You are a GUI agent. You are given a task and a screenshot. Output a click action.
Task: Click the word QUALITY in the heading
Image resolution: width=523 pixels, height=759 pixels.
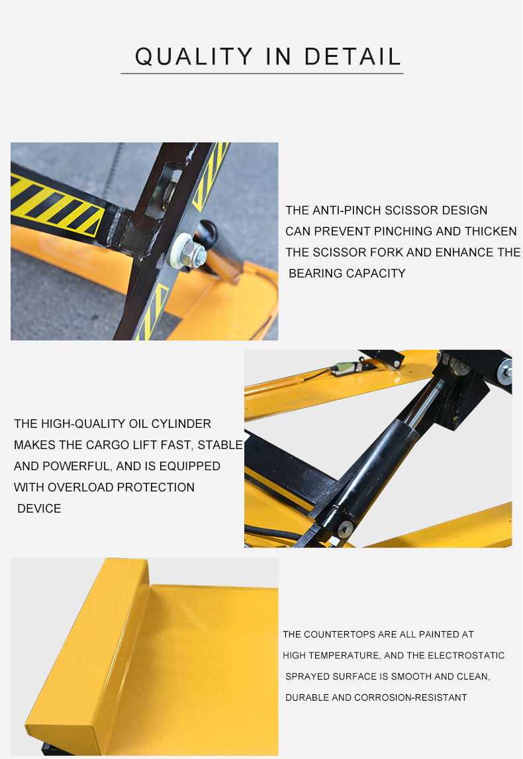[194, 57]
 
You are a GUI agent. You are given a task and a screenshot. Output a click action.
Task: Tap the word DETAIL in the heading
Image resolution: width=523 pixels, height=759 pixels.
[353, 57]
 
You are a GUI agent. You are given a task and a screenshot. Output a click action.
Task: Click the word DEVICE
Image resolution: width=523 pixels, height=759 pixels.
[39, 509]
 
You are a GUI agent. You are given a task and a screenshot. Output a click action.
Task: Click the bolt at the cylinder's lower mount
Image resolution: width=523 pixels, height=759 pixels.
[346, 528]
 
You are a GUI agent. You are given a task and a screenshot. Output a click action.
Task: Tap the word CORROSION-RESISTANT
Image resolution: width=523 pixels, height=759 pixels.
[410, 698]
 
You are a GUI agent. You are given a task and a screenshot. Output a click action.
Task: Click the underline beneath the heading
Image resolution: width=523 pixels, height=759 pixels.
[261, 74]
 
